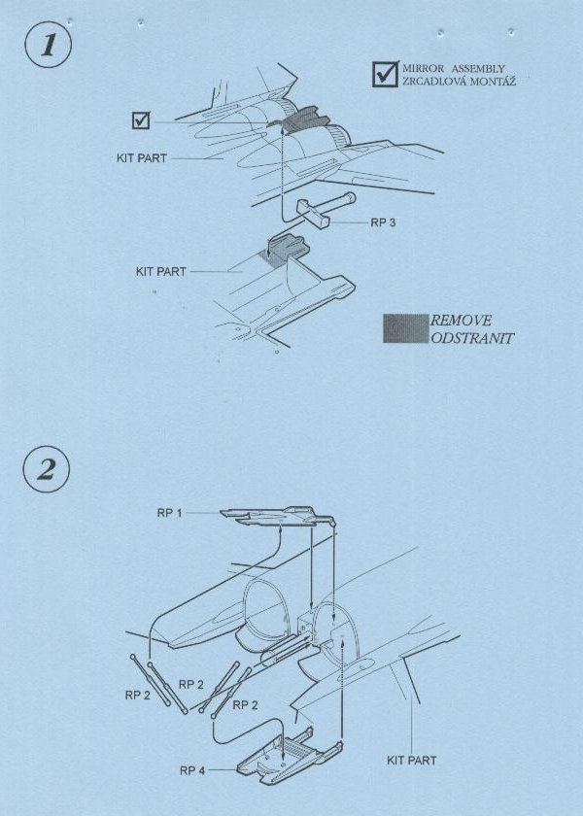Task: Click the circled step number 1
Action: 48,45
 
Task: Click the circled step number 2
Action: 47,470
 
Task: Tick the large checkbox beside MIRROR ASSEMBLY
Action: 385,74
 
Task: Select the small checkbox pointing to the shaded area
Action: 141,120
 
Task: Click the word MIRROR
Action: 424,69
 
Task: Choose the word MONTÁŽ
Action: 493,82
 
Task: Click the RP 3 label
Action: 383,222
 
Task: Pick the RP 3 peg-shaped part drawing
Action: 326,208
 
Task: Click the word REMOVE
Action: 461,321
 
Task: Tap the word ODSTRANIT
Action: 472,338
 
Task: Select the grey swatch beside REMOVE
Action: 405,328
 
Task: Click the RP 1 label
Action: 170,513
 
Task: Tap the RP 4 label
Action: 192,770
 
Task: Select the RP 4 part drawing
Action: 290,757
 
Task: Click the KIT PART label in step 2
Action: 411,761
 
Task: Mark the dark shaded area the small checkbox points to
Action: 298,119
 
